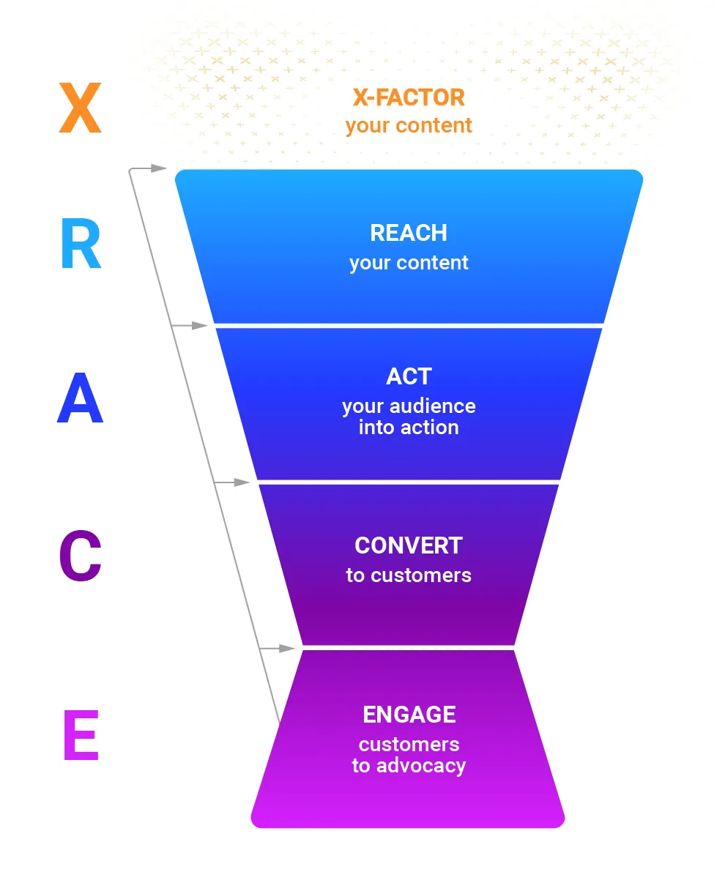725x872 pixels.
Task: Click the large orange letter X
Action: (80, 108)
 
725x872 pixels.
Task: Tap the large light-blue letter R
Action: (81, 246)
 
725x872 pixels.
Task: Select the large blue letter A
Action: (80, 399)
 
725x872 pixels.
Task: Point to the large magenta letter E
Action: (81, 736)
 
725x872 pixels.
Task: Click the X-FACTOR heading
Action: (409, 97)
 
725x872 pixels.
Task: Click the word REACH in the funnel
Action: (409, 233)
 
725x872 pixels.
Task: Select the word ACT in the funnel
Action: (409, 376)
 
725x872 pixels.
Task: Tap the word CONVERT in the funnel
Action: (409, 545)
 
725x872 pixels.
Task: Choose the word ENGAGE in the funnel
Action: (409, 715)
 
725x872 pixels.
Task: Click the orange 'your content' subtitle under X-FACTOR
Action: (409, 125)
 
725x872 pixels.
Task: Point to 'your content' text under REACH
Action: (409, 263)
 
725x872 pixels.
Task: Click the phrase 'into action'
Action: (409, 428)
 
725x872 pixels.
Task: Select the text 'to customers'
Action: (409, 575)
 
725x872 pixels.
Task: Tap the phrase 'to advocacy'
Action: (409, 766)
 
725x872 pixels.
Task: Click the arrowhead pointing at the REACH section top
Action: (160, 168)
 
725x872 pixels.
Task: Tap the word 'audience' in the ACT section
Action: (434, 406)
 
